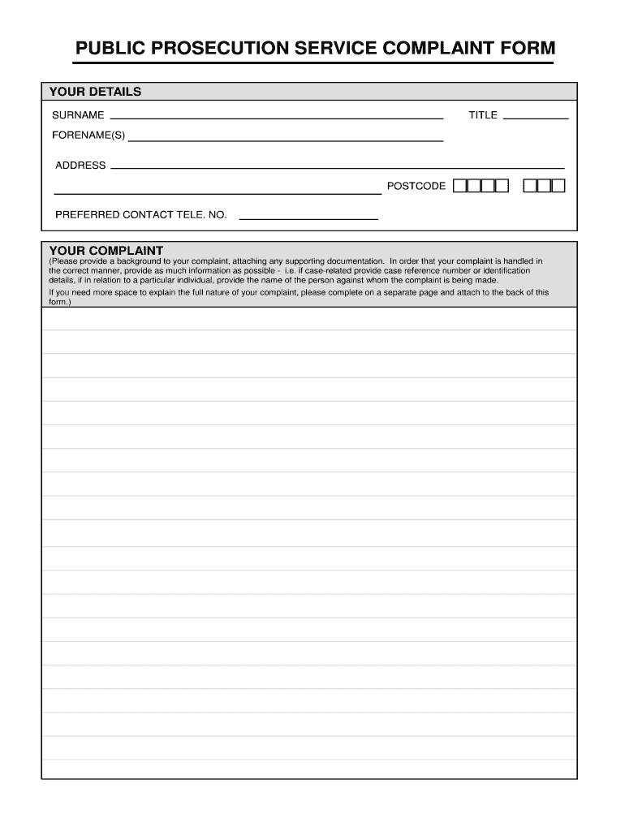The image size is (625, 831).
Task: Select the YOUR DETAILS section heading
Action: click(95, 92)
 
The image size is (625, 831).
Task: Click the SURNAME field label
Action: click(78, 115)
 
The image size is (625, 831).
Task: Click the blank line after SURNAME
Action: click(276, 117)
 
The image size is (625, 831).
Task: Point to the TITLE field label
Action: click(483, 115)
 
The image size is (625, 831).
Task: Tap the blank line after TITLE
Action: click(536, 117)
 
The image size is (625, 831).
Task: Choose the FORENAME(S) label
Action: click(88, 136)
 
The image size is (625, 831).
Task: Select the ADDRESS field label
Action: click(80, 166)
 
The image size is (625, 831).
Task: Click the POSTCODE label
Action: click(416, 187)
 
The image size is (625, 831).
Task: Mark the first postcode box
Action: click(460, 186)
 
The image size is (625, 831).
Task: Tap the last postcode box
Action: click(558, 186)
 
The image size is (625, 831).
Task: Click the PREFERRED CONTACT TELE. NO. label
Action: click(140, 215)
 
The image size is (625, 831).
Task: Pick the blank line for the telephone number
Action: click(308, 218)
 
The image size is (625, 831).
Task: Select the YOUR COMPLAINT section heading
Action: click(106, 250)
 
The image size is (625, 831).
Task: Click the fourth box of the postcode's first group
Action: click(502, 186)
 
